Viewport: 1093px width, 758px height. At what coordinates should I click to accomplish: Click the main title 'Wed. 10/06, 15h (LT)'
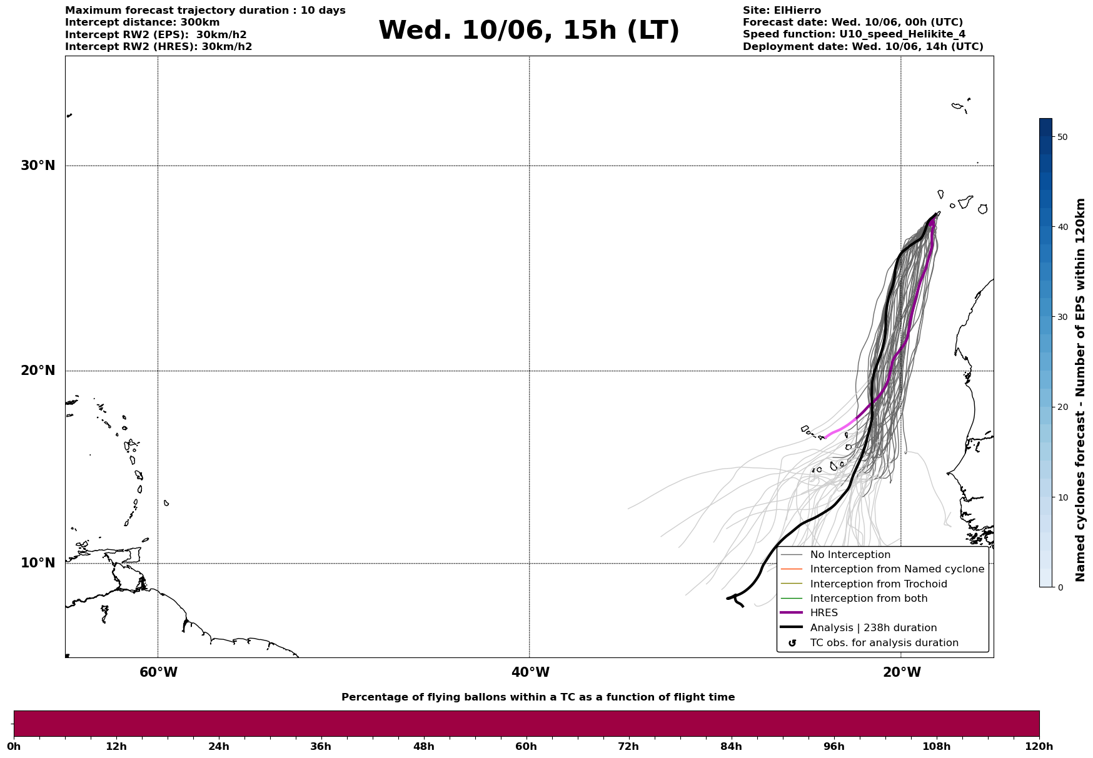point(528,31)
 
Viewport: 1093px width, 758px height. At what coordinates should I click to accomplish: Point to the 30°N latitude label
point(38,166)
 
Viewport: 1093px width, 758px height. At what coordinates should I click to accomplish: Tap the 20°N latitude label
point(38,371)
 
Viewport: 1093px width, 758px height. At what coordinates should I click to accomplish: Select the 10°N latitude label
point(38,563)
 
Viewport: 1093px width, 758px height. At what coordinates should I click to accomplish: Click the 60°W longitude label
point(158,672)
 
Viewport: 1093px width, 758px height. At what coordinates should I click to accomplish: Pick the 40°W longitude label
point(530,672)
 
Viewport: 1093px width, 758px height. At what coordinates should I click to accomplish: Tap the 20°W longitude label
point(902,672)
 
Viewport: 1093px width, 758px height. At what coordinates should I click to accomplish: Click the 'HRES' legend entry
point(824,613)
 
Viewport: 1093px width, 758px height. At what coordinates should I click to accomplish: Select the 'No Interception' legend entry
point(850,555)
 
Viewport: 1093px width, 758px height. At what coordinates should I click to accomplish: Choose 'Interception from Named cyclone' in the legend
point(897,569)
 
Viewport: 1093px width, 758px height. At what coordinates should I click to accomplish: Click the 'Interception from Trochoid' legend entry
point(879,584)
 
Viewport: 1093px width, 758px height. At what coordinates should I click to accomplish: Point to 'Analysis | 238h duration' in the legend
point(873,628)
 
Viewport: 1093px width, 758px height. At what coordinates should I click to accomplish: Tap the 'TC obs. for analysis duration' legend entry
point(884,643)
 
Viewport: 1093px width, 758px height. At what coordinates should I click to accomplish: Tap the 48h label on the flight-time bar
point(423,746)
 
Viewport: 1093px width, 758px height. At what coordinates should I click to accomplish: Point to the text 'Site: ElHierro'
point(782,11)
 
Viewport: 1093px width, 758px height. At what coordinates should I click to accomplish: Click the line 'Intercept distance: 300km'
point(143,22)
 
